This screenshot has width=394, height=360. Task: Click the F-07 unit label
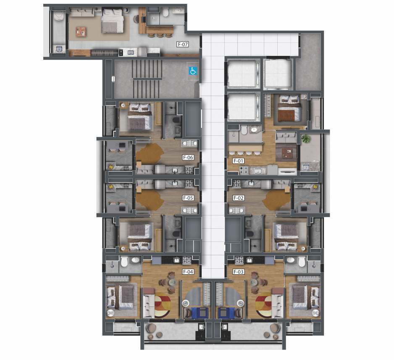point(183,44)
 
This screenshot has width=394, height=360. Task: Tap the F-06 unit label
point(188,157)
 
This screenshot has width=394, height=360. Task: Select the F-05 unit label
point(188,198)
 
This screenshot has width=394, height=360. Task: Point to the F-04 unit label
point(188,272)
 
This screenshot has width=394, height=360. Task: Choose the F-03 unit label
point(239,272)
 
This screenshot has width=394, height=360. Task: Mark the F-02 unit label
point(239,198)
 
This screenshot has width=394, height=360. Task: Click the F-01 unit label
point(239,161)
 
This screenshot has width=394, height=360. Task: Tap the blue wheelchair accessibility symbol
point(193,71)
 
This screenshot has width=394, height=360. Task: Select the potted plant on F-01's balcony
point(306,139)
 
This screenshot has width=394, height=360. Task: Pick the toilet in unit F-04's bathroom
point(124,262)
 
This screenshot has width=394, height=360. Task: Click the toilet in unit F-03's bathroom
point(302,262)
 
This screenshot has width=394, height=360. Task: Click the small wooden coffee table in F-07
point(81,32)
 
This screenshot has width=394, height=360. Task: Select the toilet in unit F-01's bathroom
point(244,130)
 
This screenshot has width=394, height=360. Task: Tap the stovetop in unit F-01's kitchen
point(242,170)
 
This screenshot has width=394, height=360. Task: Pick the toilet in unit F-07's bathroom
point(165,12)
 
